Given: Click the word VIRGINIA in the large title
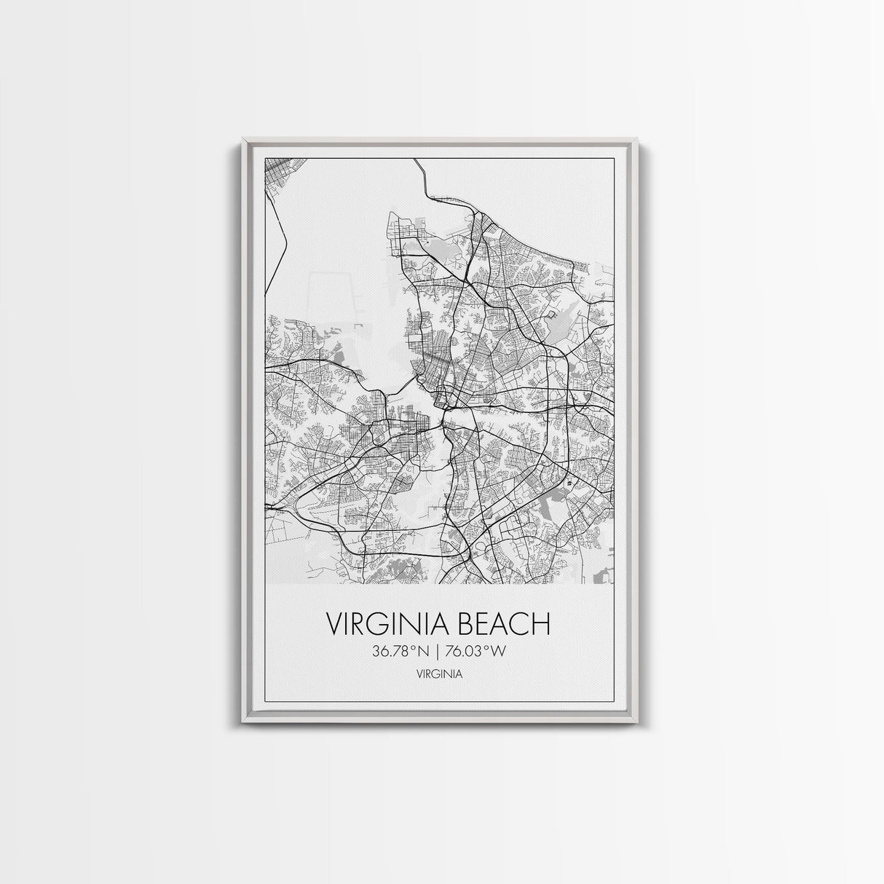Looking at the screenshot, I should tap(378, 624).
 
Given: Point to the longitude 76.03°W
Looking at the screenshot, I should tap(477, 652).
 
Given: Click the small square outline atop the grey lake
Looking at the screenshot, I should tap(551, 315).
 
